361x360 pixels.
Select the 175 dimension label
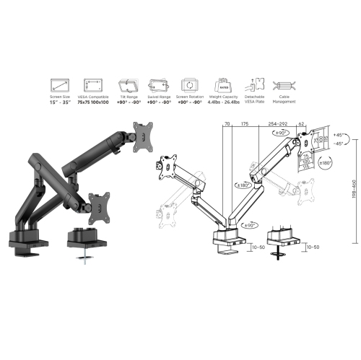pos(245,123)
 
